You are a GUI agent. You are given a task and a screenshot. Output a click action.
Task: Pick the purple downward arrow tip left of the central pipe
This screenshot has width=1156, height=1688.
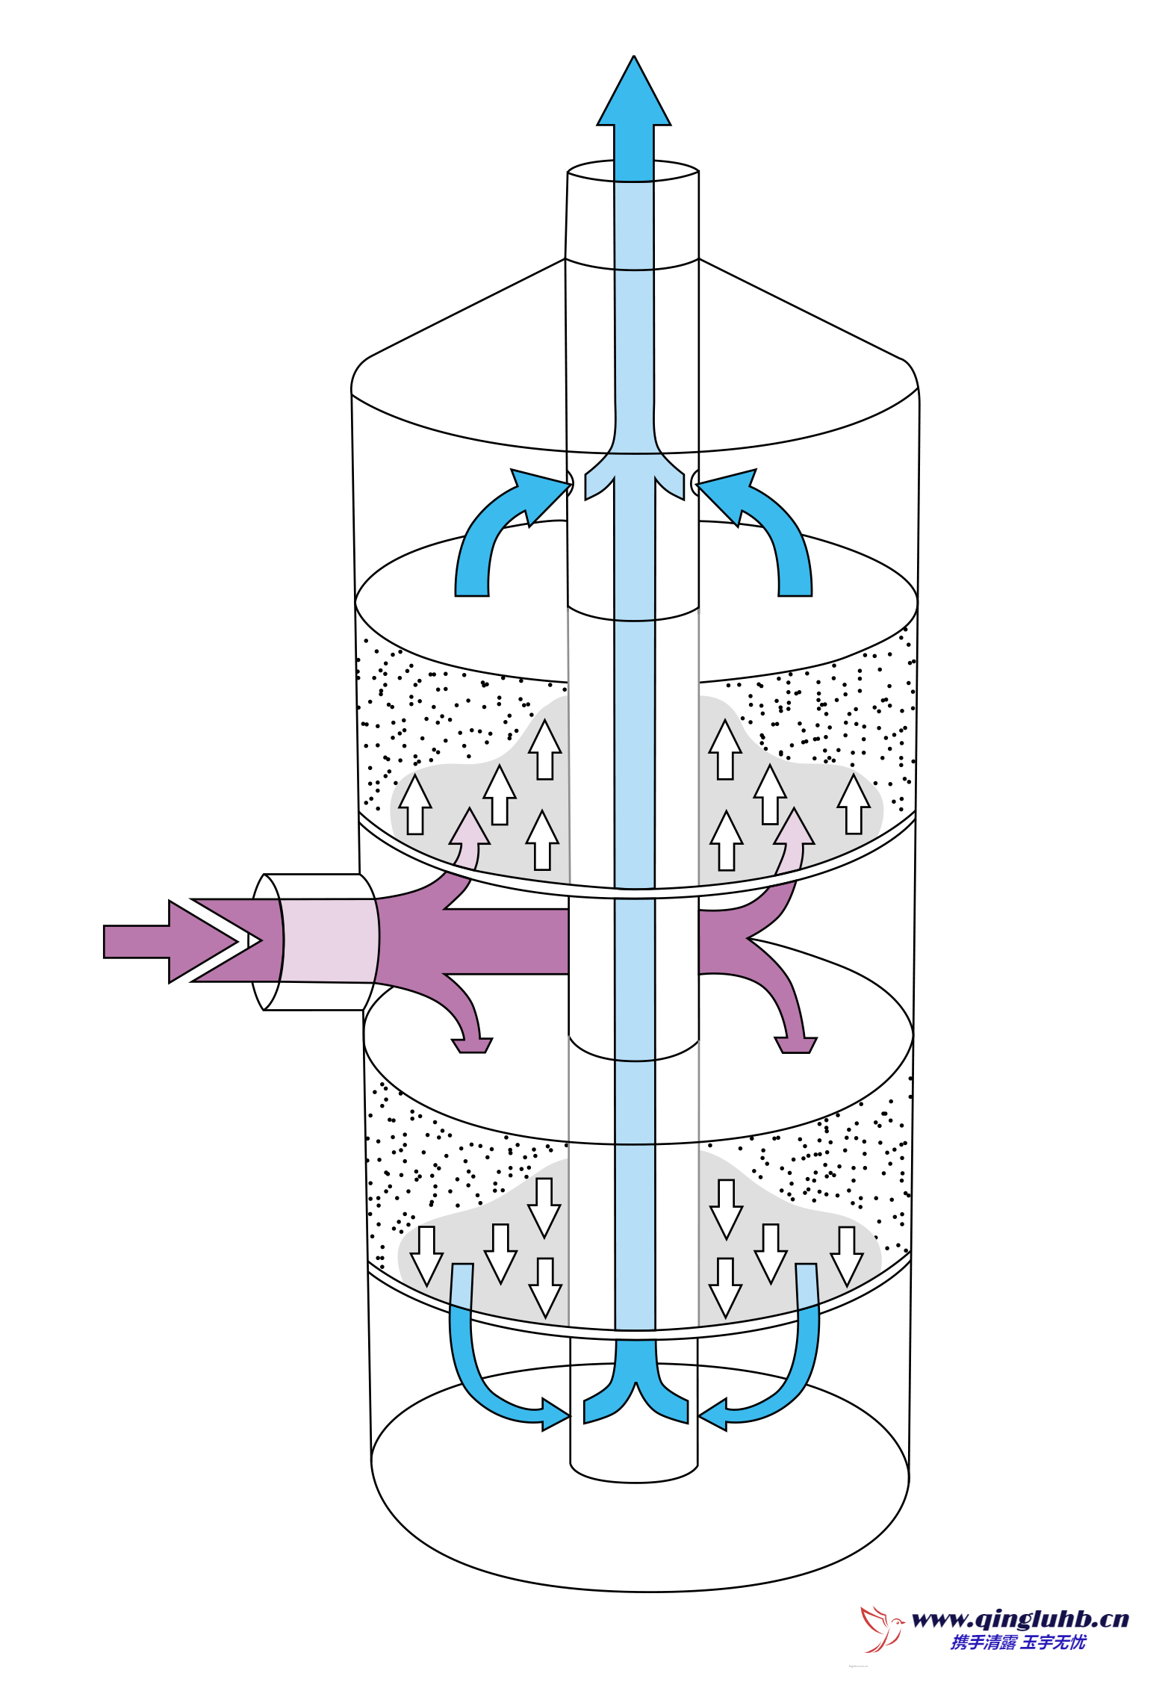click(472, 1045)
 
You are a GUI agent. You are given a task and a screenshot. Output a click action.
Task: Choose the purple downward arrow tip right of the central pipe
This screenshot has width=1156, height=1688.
click(796, 1045)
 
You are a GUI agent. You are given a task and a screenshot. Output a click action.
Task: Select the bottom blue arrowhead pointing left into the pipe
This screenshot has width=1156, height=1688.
click(714, 1414)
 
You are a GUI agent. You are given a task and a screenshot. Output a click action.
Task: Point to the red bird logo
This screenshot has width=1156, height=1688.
click(881, 1628)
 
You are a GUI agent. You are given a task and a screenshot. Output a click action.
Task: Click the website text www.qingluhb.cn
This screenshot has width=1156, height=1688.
click(1020, 1619)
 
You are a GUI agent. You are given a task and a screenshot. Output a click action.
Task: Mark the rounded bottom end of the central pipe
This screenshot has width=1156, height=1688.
click(633, 1473)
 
